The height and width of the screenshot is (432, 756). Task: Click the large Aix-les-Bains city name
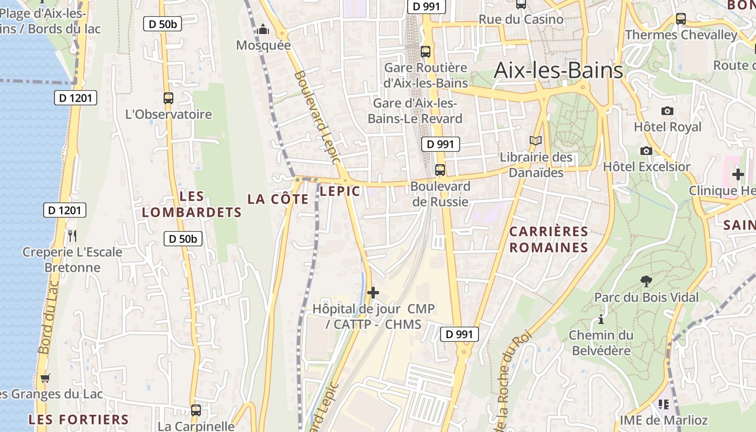[x=558, y=70]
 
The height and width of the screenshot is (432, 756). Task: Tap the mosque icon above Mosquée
[x=264, y=29]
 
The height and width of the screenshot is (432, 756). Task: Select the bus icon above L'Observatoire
[x=168, y=98]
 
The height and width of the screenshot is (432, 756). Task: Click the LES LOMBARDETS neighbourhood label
[x=192, y=204]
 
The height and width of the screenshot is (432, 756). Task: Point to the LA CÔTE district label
[x=278, y=199]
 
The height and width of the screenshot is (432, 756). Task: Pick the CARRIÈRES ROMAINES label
[x=549, y=239]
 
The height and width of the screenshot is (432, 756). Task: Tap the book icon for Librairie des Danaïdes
[x=536, y=141]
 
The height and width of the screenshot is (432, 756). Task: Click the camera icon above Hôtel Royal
[x=667, y=111]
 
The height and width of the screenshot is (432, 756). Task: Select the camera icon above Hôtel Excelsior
[x=646, y=151]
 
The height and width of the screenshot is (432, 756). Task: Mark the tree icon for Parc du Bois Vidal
[x=646, y=281]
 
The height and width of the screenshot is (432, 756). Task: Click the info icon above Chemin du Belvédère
[x=601, y=320]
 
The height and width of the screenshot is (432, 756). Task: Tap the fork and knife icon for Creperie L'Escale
[x=72, y=235]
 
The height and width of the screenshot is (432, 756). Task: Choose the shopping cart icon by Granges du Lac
[x=45, y=378]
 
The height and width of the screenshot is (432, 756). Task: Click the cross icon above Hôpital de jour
[x=373, y=293]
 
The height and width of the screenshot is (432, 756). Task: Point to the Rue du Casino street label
[x=521, y=19]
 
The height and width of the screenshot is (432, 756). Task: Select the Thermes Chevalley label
[x=681, y=35]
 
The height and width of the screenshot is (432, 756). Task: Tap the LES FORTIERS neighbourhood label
[x=79, y=420]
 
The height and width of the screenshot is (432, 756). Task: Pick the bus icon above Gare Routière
[x=426, y=52]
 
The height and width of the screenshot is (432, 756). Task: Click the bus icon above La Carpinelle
[x=196, y=410]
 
